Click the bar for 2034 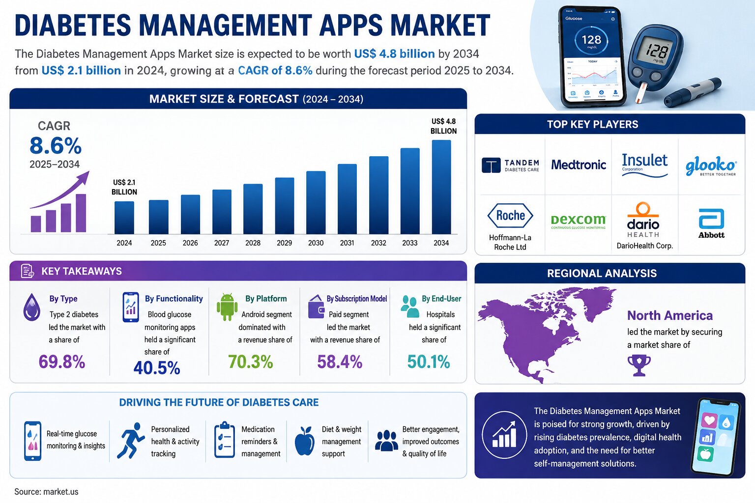441,187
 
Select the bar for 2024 124,218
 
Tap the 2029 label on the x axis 284,243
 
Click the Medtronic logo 579,165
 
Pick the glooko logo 711,166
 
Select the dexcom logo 579,222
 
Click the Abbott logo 711,224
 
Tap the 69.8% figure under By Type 61,362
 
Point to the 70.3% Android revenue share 250,362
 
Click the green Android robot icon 227,307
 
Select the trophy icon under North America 639,365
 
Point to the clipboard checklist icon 225,440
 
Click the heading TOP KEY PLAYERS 592,124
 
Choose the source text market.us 60,492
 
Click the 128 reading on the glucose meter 657,51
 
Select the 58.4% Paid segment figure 340,362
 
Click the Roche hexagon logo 510,216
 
